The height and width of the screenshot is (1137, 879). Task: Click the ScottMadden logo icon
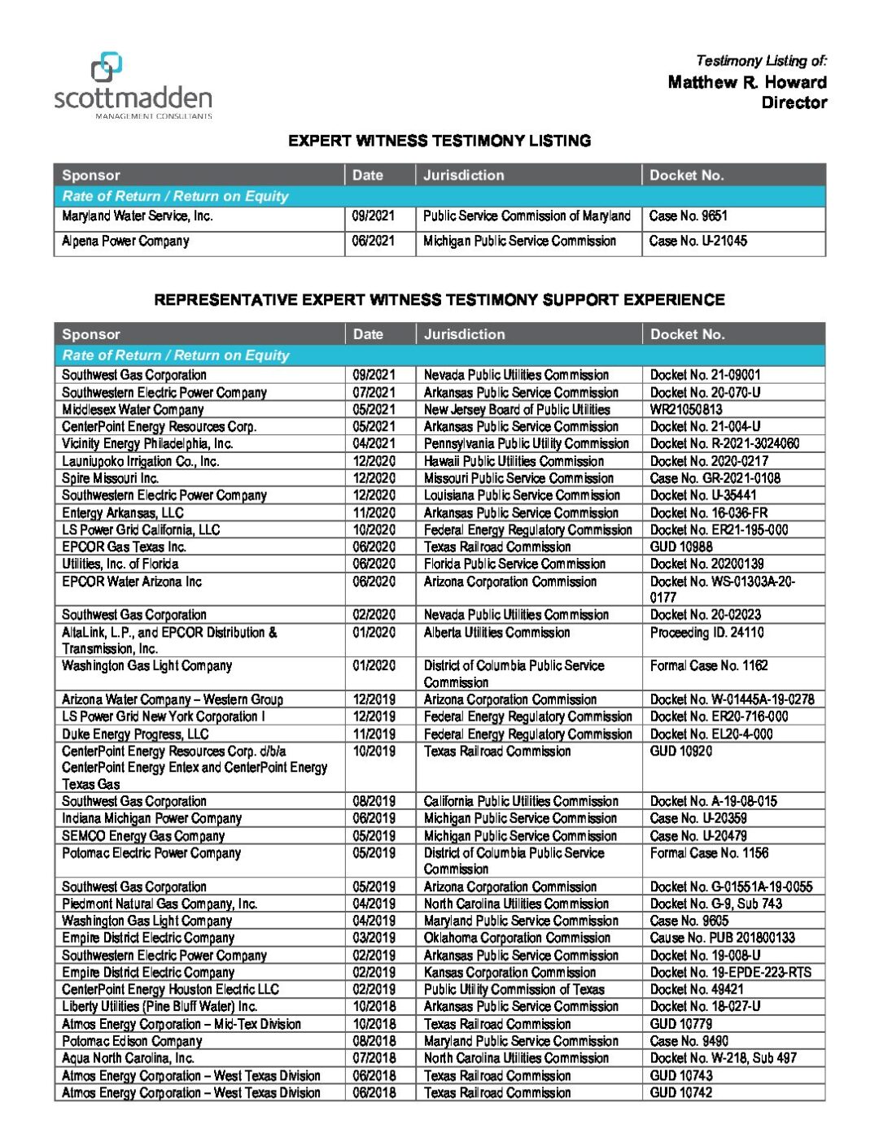pyautogui.click(x=107, y=68)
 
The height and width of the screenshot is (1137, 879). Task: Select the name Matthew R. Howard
pyautogui.click(x=746, y=82)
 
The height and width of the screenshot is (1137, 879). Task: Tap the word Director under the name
pyautogui.click(x=794, y=102)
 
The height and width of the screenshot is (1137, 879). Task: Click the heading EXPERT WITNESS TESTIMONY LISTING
pyautogui.click(x=439, y=141)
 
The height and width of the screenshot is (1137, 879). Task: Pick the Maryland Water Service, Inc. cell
pyautogui.click(x=138, y=216)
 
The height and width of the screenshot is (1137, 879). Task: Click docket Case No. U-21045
pyautogui.click(x=698, y=241)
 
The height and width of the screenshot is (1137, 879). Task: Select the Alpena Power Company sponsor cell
pyautogui.click(x=125, y=242)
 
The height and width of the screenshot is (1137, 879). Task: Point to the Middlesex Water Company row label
pyautogui.click(x=133, y=410)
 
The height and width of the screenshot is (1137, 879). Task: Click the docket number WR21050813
pyautogui.click(x=686, y=410)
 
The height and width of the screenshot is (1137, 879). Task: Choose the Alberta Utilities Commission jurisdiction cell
pyautogui.click(x=496, y=633)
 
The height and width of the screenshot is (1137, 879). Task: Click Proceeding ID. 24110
pyautogui.click(x=706, y=633)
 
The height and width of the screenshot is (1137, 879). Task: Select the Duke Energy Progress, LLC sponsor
pyautogui.click(x=135, y=734)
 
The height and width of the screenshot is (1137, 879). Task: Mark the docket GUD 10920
pyautogui.click(x=680, y=751)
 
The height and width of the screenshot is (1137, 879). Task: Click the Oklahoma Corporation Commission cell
pyautogui.click(x=517, y=938)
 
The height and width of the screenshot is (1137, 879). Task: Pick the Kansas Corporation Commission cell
pyautogui.click(x=509, y=973)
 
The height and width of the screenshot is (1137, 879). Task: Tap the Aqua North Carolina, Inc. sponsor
pyautogui.click(x=128, y=1058)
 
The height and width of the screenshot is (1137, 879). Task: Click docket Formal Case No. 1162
pyautogui.click(x=709, y=666)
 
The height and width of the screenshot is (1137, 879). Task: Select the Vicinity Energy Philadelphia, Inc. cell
pyautogui.click(x=147, y=444)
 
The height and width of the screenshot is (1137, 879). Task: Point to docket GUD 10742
pyautogui.click(x=680, y=1093)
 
